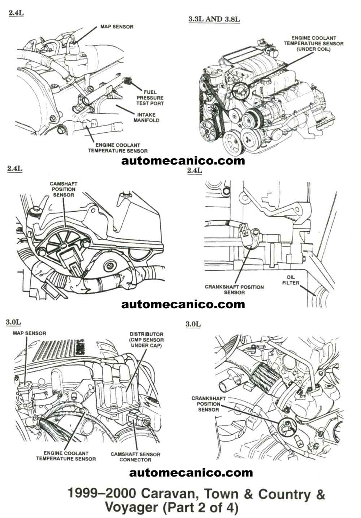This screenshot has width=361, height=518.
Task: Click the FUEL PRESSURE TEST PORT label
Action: tap(150, 98)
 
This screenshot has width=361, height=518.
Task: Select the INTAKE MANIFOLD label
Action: tap(146, 118)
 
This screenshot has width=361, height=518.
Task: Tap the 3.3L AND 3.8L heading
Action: tap(214, 19)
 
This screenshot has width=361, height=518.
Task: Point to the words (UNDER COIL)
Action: tap(313, 49)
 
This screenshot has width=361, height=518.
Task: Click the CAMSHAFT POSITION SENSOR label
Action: tap(64, 189)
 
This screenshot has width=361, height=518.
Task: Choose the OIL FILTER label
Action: tap(291, 280)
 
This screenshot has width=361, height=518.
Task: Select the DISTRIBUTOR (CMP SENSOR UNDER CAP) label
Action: tap(147, 340)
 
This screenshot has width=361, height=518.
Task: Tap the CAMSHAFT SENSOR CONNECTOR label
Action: tap(135, 457)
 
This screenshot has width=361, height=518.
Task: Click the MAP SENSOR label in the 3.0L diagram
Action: tap(30, 333)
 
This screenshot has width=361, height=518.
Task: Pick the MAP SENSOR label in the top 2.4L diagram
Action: tap(117, 27)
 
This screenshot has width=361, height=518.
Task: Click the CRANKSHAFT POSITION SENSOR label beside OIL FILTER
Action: tap(234, 289)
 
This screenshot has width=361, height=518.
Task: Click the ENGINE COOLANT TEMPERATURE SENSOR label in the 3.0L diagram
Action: tap(66, 456)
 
